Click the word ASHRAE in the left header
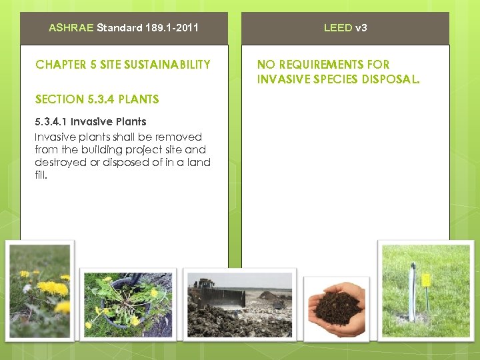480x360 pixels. pos(71,28)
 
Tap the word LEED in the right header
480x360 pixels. pos(338,28)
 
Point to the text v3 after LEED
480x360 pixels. pos(361,28)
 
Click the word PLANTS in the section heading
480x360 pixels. pos(138,99)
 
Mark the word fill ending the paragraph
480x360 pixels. pos(41,175)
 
